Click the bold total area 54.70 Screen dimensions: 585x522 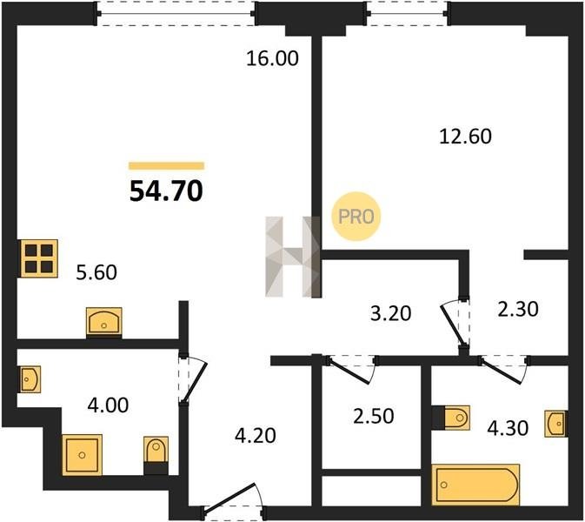166,191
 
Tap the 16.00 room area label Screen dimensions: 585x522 272,58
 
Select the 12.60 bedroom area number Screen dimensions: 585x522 465,137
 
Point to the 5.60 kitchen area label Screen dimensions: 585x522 96,272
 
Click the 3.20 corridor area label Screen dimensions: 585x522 390,313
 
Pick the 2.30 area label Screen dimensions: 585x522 518,309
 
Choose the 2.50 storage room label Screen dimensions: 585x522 374,416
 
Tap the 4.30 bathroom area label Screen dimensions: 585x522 508,428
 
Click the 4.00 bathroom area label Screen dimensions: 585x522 108,405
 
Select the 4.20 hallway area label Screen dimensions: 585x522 256,435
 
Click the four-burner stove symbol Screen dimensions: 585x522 38,258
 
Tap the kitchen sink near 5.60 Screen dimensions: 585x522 104,322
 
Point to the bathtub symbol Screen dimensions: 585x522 475,485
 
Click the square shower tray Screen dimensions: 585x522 82,455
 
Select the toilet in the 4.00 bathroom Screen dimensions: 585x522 156,455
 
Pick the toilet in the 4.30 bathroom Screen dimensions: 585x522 451,418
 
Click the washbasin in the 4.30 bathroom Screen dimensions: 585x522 556,424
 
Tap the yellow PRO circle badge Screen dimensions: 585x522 356,216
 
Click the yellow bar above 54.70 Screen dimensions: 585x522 166,166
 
